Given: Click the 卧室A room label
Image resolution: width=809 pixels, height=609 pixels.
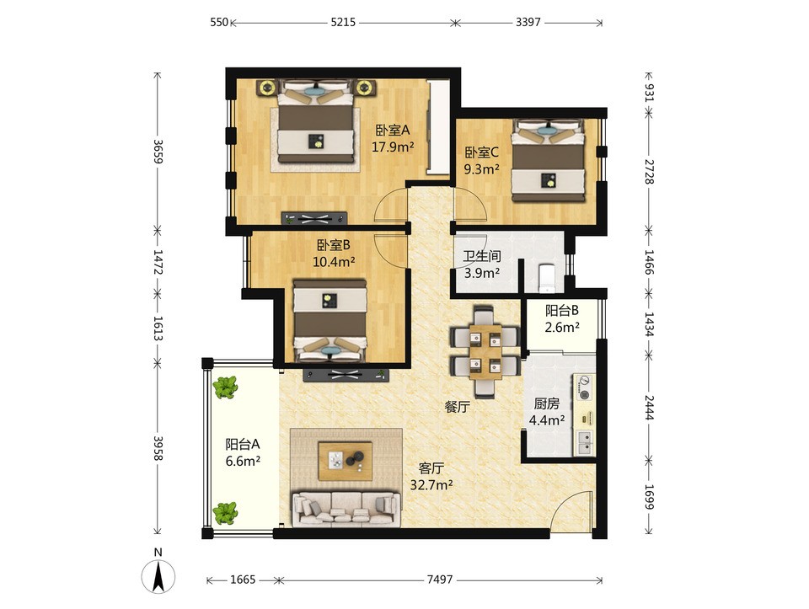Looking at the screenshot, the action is (392, 130).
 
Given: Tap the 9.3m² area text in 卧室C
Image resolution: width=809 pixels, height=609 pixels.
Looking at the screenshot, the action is (481, 169).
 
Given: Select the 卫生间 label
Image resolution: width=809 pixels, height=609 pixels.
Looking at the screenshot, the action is (482, 256).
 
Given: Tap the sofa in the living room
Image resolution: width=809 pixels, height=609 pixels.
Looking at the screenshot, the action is (346, 510).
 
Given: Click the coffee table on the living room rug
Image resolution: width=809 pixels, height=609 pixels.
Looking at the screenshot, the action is (346, 461).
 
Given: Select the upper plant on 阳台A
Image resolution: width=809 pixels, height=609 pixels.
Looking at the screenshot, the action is (226, 387).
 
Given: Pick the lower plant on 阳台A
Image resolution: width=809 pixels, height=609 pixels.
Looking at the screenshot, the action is (226, 513).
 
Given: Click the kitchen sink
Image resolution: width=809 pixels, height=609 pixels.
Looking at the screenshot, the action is (585, 442).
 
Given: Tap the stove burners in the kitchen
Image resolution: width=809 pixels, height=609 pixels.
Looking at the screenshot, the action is (585, 388).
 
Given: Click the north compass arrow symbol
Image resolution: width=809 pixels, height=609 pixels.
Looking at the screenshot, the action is (158, 575).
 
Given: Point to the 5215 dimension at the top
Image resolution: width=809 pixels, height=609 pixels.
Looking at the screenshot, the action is (343, 22).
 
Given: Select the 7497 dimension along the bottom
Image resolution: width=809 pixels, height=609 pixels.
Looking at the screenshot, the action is (440, 580).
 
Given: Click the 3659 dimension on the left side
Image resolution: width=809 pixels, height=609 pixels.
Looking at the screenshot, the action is (158, 152).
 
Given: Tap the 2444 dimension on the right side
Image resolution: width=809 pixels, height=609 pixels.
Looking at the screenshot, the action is (649, 408).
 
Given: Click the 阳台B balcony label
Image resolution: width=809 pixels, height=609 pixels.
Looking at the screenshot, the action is (562, 311).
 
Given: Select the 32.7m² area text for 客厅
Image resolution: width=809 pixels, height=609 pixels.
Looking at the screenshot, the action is (431, 484).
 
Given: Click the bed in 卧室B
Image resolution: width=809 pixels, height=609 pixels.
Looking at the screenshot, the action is (329, 320).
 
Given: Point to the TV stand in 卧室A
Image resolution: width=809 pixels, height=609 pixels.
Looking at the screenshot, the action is (314, 218).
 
